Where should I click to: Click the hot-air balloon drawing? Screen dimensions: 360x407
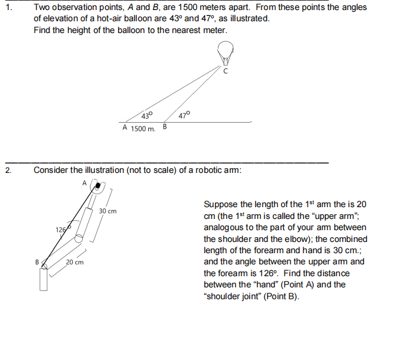(225, 51)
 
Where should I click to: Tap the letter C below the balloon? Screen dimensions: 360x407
(226, 71)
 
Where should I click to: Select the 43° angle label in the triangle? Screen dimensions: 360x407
(147, 115)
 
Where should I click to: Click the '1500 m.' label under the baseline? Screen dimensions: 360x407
(143, 129)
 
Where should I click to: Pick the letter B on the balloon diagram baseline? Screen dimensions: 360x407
(165, 127)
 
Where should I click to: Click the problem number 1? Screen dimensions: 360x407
(7, 7)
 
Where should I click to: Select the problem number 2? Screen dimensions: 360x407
(7, 170)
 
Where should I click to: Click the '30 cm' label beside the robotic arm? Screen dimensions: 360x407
(108, 211)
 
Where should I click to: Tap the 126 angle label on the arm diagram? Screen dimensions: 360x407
(62, 229)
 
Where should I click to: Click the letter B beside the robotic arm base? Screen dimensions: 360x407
(37, 261)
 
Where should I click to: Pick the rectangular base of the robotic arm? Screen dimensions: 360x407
(44, 279)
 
